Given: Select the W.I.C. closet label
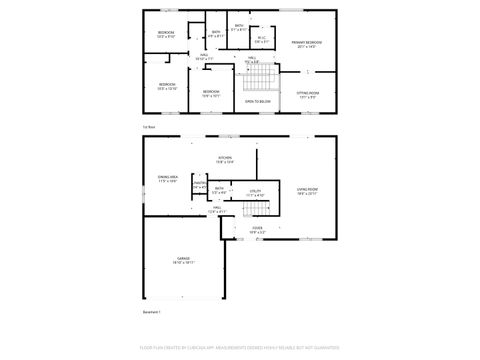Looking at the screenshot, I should coord(261,39).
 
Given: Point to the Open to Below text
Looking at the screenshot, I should coord(257,101).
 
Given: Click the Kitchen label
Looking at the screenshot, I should coord(225,159).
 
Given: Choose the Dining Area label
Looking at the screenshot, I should coord(167,178).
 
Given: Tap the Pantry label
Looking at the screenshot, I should coord(198,184).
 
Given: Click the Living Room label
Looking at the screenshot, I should coord(307,190).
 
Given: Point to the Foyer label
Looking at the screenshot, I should coord(257,229).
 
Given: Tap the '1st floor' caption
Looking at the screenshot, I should coord(148,128).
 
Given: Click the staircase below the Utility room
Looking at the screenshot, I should coord(260,211).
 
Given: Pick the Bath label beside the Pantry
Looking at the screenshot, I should coord(218,189).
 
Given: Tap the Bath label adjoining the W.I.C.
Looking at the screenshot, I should coord(239,27).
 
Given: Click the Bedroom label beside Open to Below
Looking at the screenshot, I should coord(211,93).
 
